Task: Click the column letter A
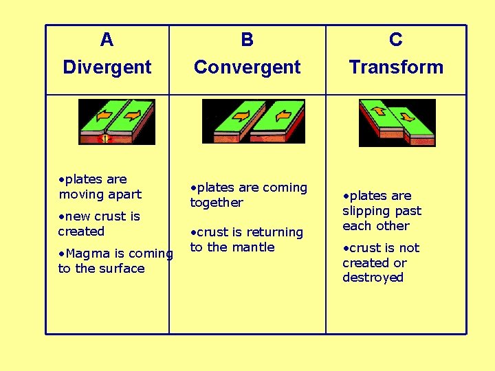coord(107,40)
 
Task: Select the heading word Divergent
coord(107,67)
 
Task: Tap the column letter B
coord(247,40)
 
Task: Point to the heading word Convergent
coord(247,67)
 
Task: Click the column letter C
coord(396,40)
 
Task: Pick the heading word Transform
coord(396,67)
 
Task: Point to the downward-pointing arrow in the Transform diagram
coord(407,117)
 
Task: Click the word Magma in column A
coord(81,254)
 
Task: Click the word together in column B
coord(217,203)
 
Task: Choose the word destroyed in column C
coord(373,278)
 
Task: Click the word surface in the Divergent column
coord(121,269)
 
